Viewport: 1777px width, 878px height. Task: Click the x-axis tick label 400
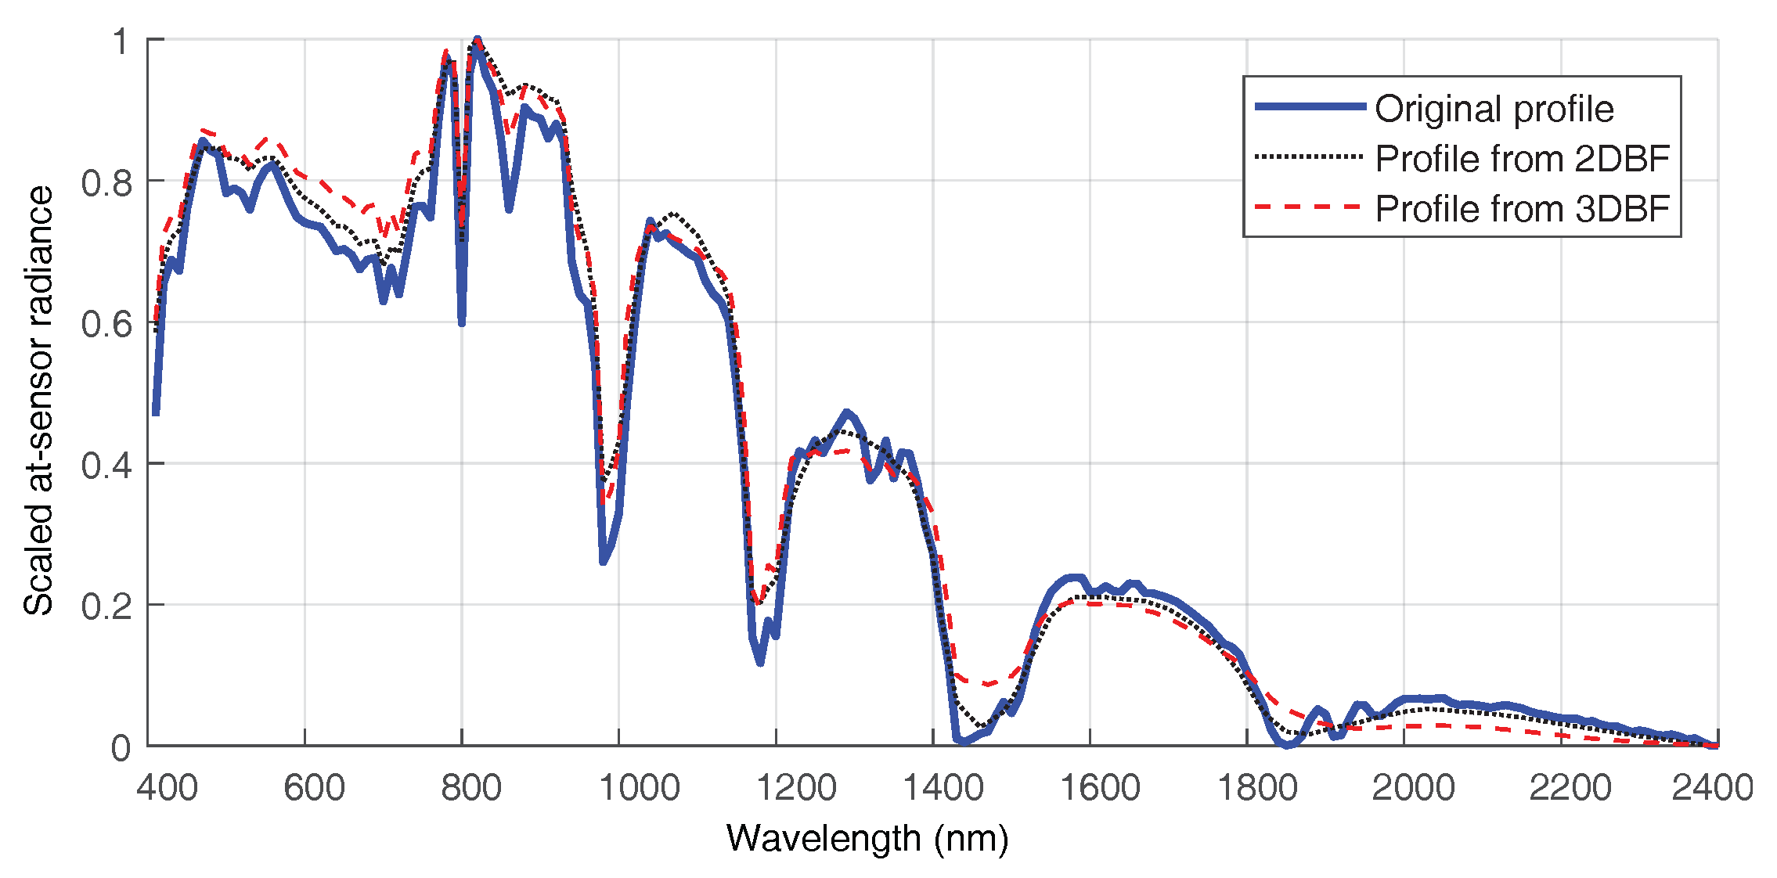[167, 788]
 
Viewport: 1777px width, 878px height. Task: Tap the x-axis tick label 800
[470, 788]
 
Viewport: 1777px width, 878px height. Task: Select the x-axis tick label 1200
[795, 788]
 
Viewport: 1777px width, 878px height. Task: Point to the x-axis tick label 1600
[1099, 788]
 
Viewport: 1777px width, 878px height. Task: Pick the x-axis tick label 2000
[1413, 788]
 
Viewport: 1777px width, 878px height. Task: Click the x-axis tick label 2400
[1712, 788]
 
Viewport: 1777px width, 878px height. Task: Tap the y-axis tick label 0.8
[107, 183]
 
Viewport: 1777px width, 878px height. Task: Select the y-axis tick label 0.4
[107, 466]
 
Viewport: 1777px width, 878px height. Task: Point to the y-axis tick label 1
[120, 41]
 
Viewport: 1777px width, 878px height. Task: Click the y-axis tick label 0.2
[107, 606]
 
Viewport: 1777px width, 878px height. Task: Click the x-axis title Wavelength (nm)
[867, 839]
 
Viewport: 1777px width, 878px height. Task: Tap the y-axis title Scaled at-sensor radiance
[39, 401]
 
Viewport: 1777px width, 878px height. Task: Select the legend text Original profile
[1494, 109]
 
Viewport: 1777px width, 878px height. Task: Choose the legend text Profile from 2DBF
[1523, 159]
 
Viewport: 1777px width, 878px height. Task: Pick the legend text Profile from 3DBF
[1523, 209]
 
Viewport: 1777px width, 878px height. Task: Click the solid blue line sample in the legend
[1310, 106]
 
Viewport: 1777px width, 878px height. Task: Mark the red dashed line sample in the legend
[1310, 207]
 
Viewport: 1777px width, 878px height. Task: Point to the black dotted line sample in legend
[1310, 157]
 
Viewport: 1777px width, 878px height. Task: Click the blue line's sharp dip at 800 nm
[462, 321]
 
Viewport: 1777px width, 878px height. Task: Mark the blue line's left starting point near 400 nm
[156, 412]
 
